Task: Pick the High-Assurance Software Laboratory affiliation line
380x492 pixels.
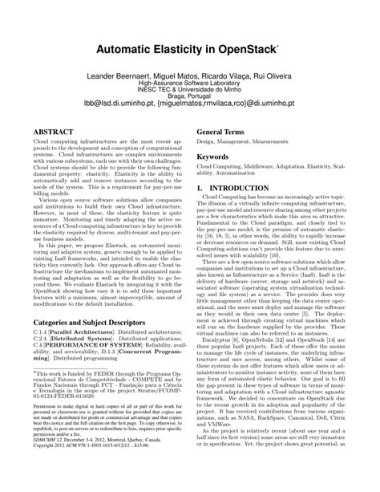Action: [189, 82]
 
